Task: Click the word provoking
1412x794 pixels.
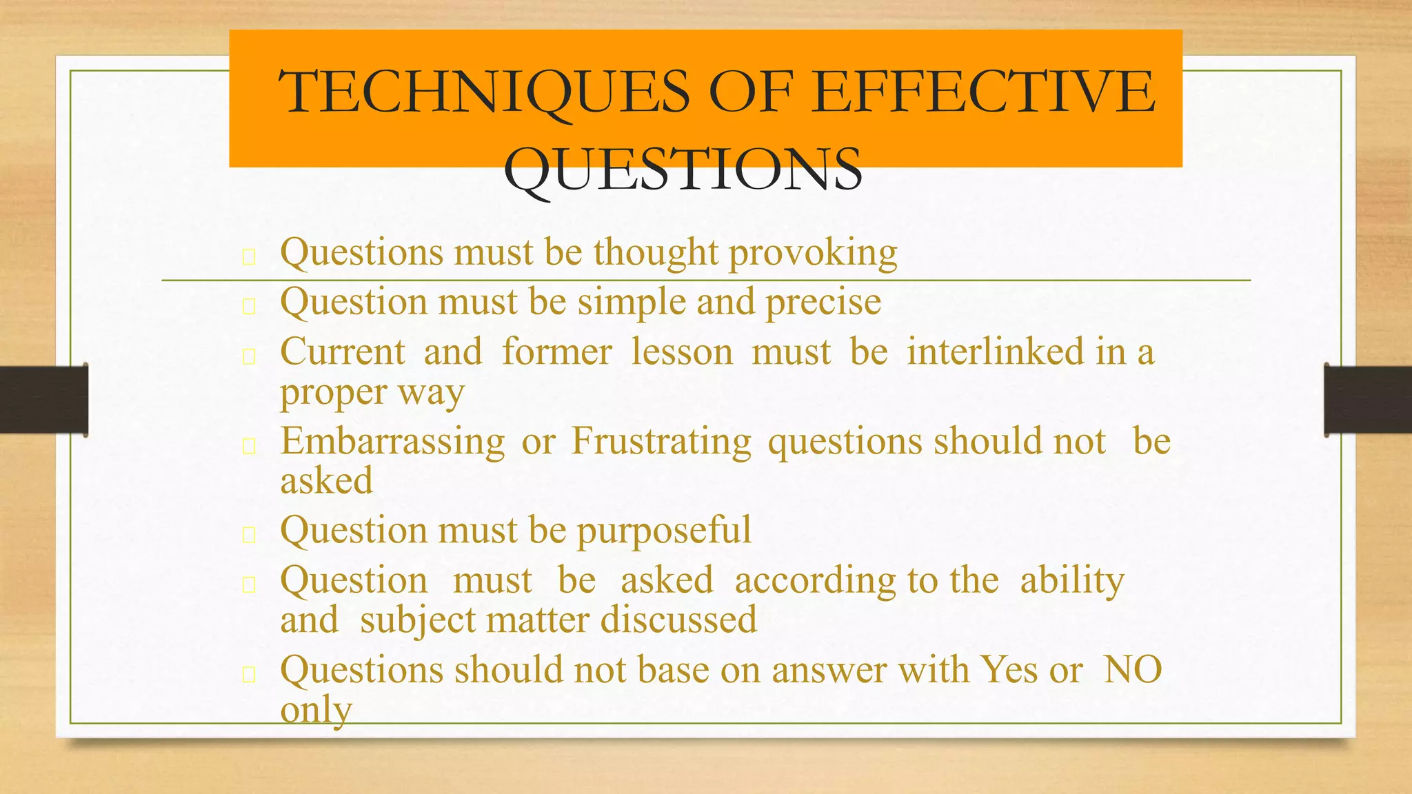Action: coord(813,253)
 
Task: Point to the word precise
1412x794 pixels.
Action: coord(823,303)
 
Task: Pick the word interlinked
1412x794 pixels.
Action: coord(996,352)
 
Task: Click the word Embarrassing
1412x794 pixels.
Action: coord(392,441)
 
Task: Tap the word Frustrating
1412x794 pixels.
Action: coord(661,441)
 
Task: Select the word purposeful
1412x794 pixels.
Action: coord(663,531)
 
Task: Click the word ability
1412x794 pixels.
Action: coord(1072,580)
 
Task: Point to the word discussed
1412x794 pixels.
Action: coord(678,620)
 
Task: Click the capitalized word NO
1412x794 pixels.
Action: coord(1133,669)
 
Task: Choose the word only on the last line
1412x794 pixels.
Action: coord(316,710)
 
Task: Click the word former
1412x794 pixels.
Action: coord(556,352)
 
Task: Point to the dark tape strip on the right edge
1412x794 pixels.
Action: coord(1368,400)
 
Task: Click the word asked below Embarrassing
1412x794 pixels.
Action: coord(326,480)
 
